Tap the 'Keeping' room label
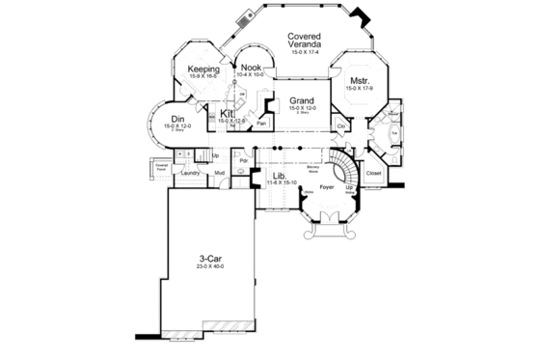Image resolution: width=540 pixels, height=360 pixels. click(x=203, y=70)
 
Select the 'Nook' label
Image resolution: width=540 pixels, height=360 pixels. click(x=252, y=68)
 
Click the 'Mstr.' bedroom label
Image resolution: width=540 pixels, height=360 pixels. click(x=359, y=81)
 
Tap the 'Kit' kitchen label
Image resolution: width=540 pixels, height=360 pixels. click(x=228, y=114)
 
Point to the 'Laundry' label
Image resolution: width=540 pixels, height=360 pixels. click(x=189, y=173)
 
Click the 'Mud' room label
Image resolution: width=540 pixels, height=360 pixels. click(x=219, y=173)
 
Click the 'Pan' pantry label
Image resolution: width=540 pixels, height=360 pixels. click(x=261, y=124)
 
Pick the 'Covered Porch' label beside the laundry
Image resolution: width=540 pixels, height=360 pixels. click(x=162, y=167)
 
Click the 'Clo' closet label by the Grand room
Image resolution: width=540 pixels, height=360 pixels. click(x=342, y=126)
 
